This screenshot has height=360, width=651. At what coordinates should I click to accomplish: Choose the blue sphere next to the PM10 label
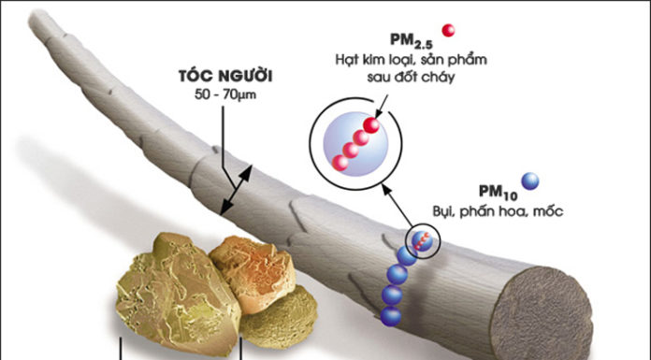(531, 181)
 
